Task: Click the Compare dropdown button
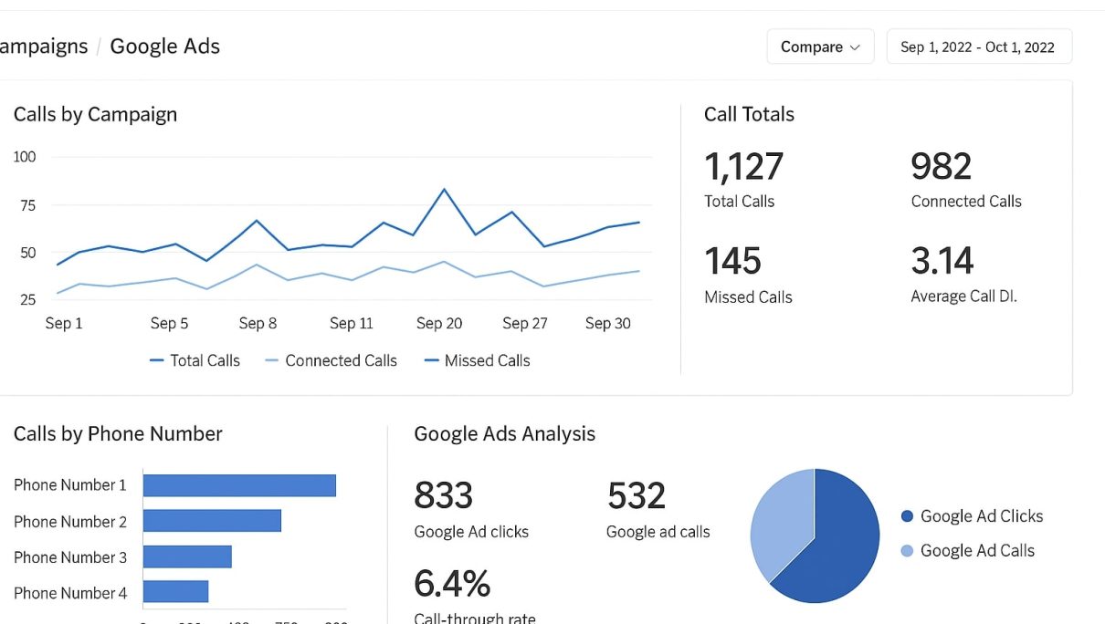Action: point(820,47)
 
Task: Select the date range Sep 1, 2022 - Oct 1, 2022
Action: point(978,47)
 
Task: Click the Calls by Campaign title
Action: point(95,114)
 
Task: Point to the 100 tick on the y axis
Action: point(25,157)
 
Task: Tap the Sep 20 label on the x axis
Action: point(439,323)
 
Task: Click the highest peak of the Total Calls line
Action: point(444,190)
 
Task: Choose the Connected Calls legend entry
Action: point(331,360)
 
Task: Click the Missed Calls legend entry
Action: point(477,360)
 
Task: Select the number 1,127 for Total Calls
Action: point(743,167)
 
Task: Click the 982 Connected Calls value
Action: point(941,167)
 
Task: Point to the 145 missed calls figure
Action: point(732,262)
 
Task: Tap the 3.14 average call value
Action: point(942,262)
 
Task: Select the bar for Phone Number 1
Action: point(239,485)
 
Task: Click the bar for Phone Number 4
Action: point(175,592)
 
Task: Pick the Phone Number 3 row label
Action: point(70,557)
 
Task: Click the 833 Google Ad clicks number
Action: point(443,495)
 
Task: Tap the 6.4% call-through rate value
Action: point(452,583)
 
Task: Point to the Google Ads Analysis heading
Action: point(504,434)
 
